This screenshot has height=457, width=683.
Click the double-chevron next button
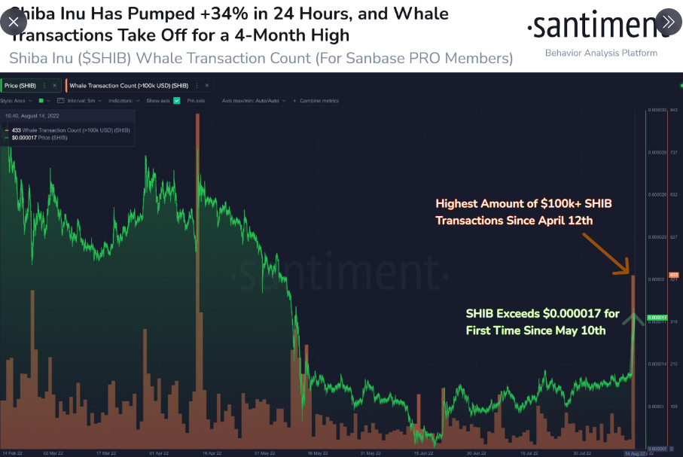pos(667,22)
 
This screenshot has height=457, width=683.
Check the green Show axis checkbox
pos(176,100)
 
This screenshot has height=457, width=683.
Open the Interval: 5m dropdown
pos(84,100)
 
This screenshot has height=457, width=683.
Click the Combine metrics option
pos(319,100)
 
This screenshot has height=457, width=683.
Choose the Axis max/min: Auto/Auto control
pos(250,100)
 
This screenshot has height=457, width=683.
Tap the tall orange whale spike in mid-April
pos(197,188)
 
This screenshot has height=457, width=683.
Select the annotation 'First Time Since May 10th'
pos(536,331)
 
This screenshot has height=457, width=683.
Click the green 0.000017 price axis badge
pos(657,317)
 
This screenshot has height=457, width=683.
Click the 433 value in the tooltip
pos(16,130)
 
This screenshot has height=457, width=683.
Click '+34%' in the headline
pos(199,14)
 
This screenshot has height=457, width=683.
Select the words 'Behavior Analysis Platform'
pos(601,53)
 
